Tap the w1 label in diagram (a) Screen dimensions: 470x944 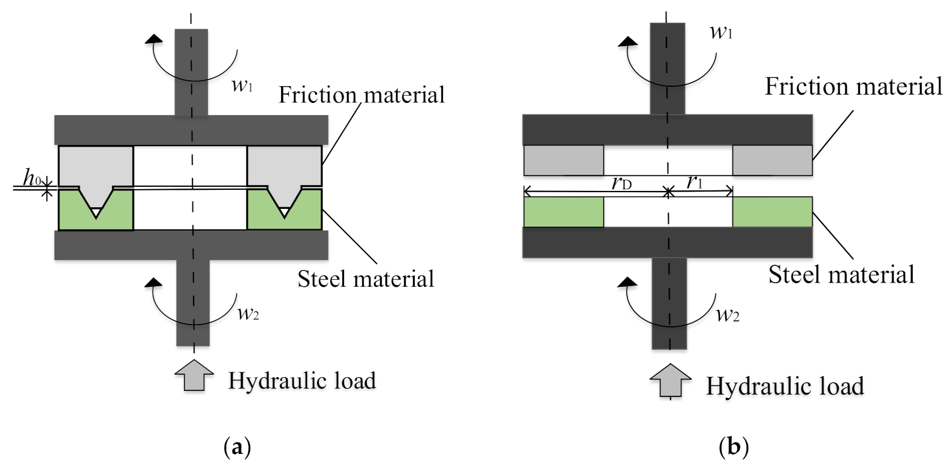click(x=242, y=86)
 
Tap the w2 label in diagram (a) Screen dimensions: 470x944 click(x=248, y=312)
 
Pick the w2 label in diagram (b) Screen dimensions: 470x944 click(x=728, y=314)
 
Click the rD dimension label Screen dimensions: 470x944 click(x=622, y=183)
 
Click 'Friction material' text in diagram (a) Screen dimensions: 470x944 click(x=361, y=95)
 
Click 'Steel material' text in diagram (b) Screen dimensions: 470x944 click(x=842, y=275)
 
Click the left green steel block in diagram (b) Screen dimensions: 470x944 click(x=563, y=212)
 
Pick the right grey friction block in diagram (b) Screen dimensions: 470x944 click(x=772, y=160)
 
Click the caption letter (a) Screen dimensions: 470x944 click(x=236, y=447)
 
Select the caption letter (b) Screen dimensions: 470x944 click(x=734, y=447)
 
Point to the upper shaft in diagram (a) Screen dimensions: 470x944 click(x=191, y=72)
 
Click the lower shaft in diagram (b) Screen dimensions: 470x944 click(x=668, y=302)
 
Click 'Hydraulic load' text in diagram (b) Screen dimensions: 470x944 click(x=785, y=386)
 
